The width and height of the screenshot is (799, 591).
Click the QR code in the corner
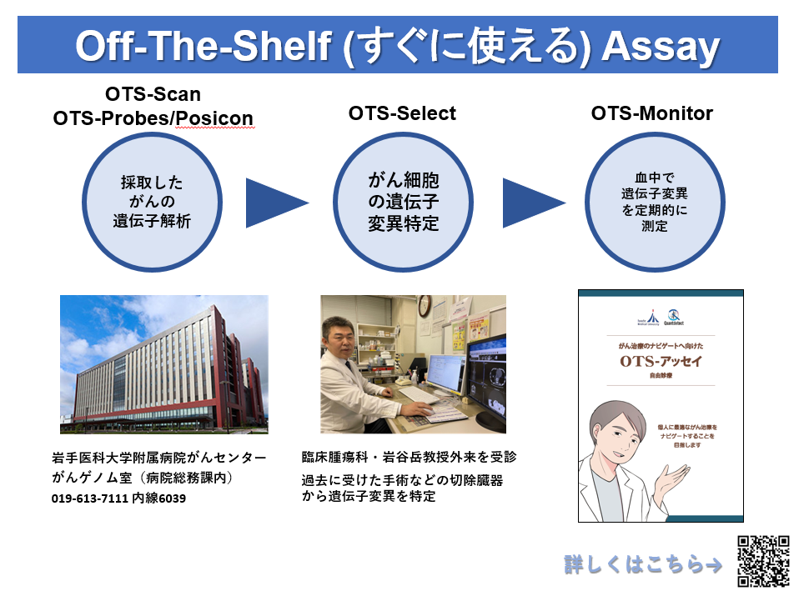point(763,560)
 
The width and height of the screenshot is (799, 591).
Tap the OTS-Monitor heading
point(652,113)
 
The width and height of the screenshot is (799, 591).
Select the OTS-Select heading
point(402,113)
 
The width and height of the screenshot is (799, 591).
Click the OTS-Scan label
point(153,93)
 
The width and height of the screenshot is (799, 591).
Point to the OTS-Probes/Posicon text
point(153,118)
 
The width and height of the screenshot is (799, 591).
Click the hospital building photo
point(163,363)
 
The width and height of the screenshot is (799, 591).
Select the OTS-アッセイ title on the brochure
point(660,361)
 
